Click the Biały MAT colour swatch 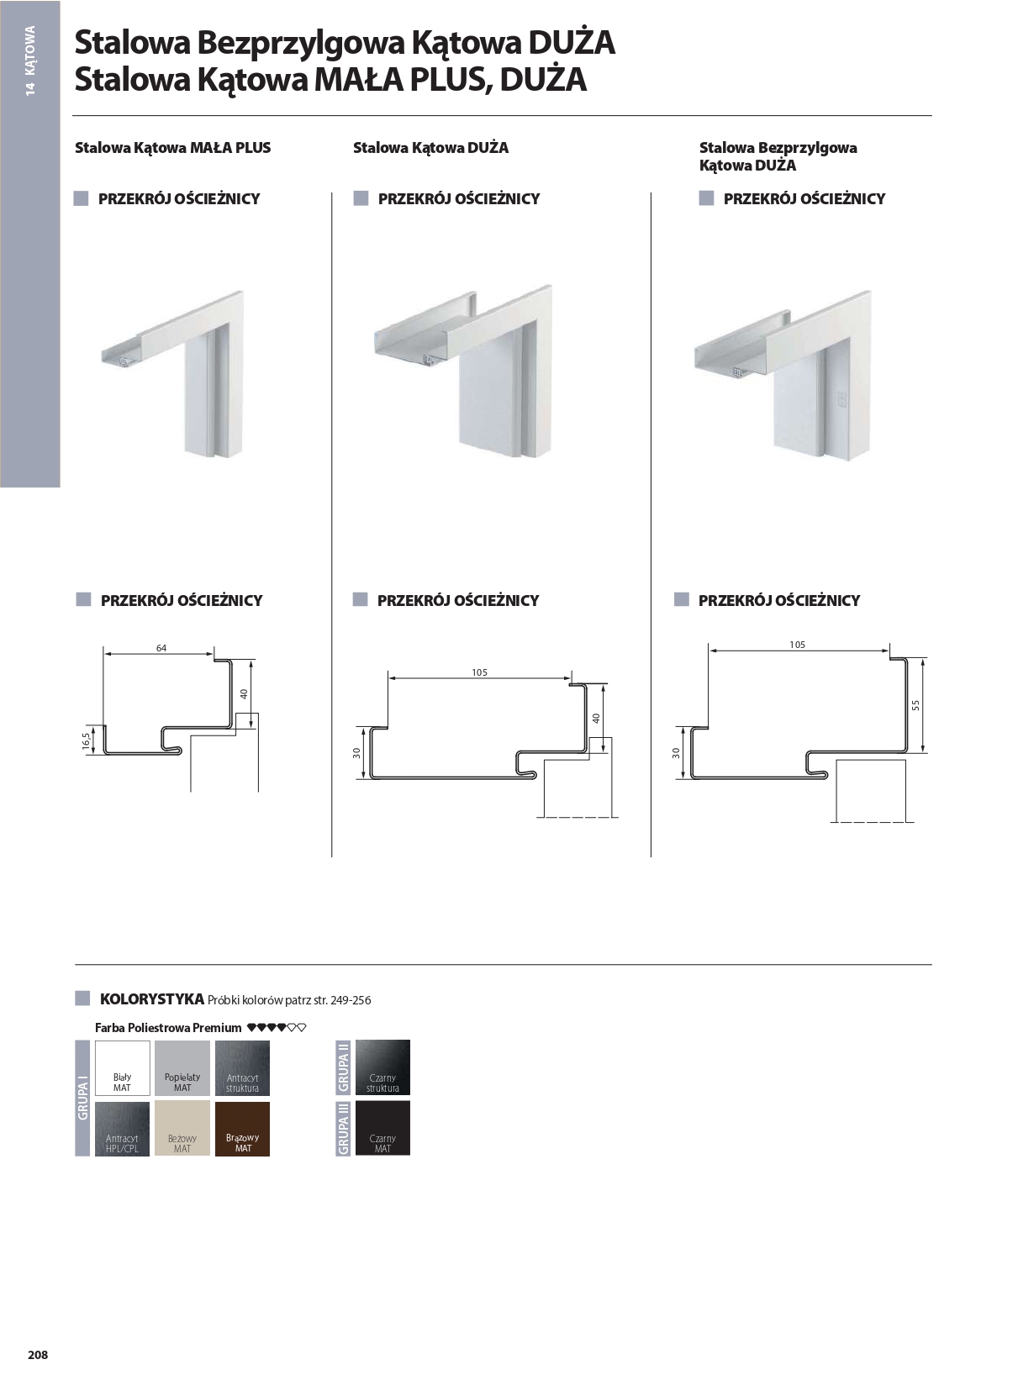(122, 1067)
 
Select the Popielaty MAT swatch (182, 1067)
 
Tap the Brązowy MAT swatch (242, 1129)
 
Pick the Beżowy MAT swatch (182, 1129)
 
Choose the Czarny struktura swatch (382, 1067)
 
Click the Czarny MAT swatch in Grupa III (382, 1128)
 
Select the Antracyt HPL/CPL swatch (122, 1129)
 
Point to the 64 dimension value (161, 648)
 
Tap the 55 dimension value (916, 705)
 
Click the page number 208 (38, 1355)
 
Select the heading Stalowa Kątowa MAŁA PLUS (172, 148)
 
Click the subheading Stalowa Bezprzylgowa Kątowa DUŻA (778, 156)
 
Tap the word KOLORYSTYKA (152, 999)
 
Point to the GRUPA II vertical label (343, 1067)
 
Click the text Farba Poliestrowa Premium (168, 1028)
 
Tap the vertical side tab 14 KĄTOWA (30, 61)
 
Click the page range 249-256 (351, 1000)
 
